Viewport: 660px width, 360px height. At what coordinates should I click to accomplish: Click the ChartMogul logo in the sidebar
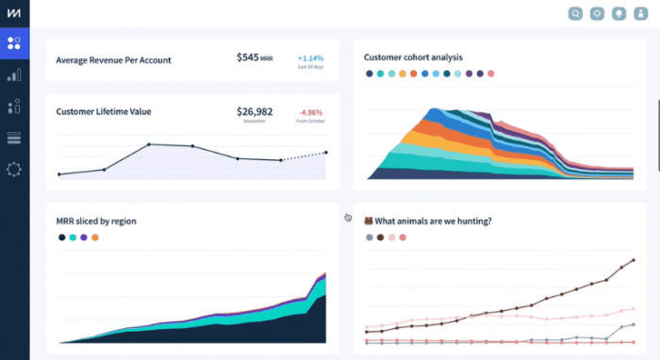pos(14,12)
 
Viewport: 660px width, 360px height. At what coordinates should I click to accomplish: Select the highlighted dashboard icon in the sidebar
pos(14,42)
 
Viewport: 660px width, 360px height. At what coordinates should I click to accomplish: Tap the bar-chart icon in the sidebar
pos(14,74)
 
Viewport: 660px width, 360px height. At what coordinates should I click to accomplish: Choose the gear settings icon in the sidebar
pos(14,170)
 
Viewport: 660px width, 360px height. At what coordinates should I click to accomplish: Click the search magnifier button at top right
pos(576,13)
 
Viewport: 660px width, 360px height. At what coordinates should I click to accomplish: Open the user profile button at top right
pos(642,13)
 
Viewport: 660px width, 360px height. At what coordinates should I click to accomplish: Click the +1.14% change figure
pos(309,57)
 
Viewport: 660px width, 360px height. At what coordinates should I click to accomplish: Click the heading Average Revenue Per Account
pos(113,60)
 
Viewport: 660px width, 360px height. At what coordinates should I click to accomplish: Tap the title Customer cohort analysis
pos(413,57)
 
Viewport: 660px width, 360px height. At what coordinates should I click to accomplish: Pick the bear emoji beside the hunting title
pos(369,221)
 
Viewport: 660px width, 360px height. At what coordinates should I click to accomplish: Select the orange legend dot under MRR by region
pos(95,237)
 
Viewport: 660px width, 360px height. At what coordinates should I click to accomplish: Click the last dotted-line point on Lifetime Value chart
pos(326,152)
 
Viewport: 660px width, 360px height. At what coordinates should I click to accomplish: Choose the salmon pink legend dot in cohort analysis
pos(491,74)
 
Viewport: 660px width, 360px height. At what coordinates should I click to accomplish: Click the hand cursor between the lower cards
pos(348,218)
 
